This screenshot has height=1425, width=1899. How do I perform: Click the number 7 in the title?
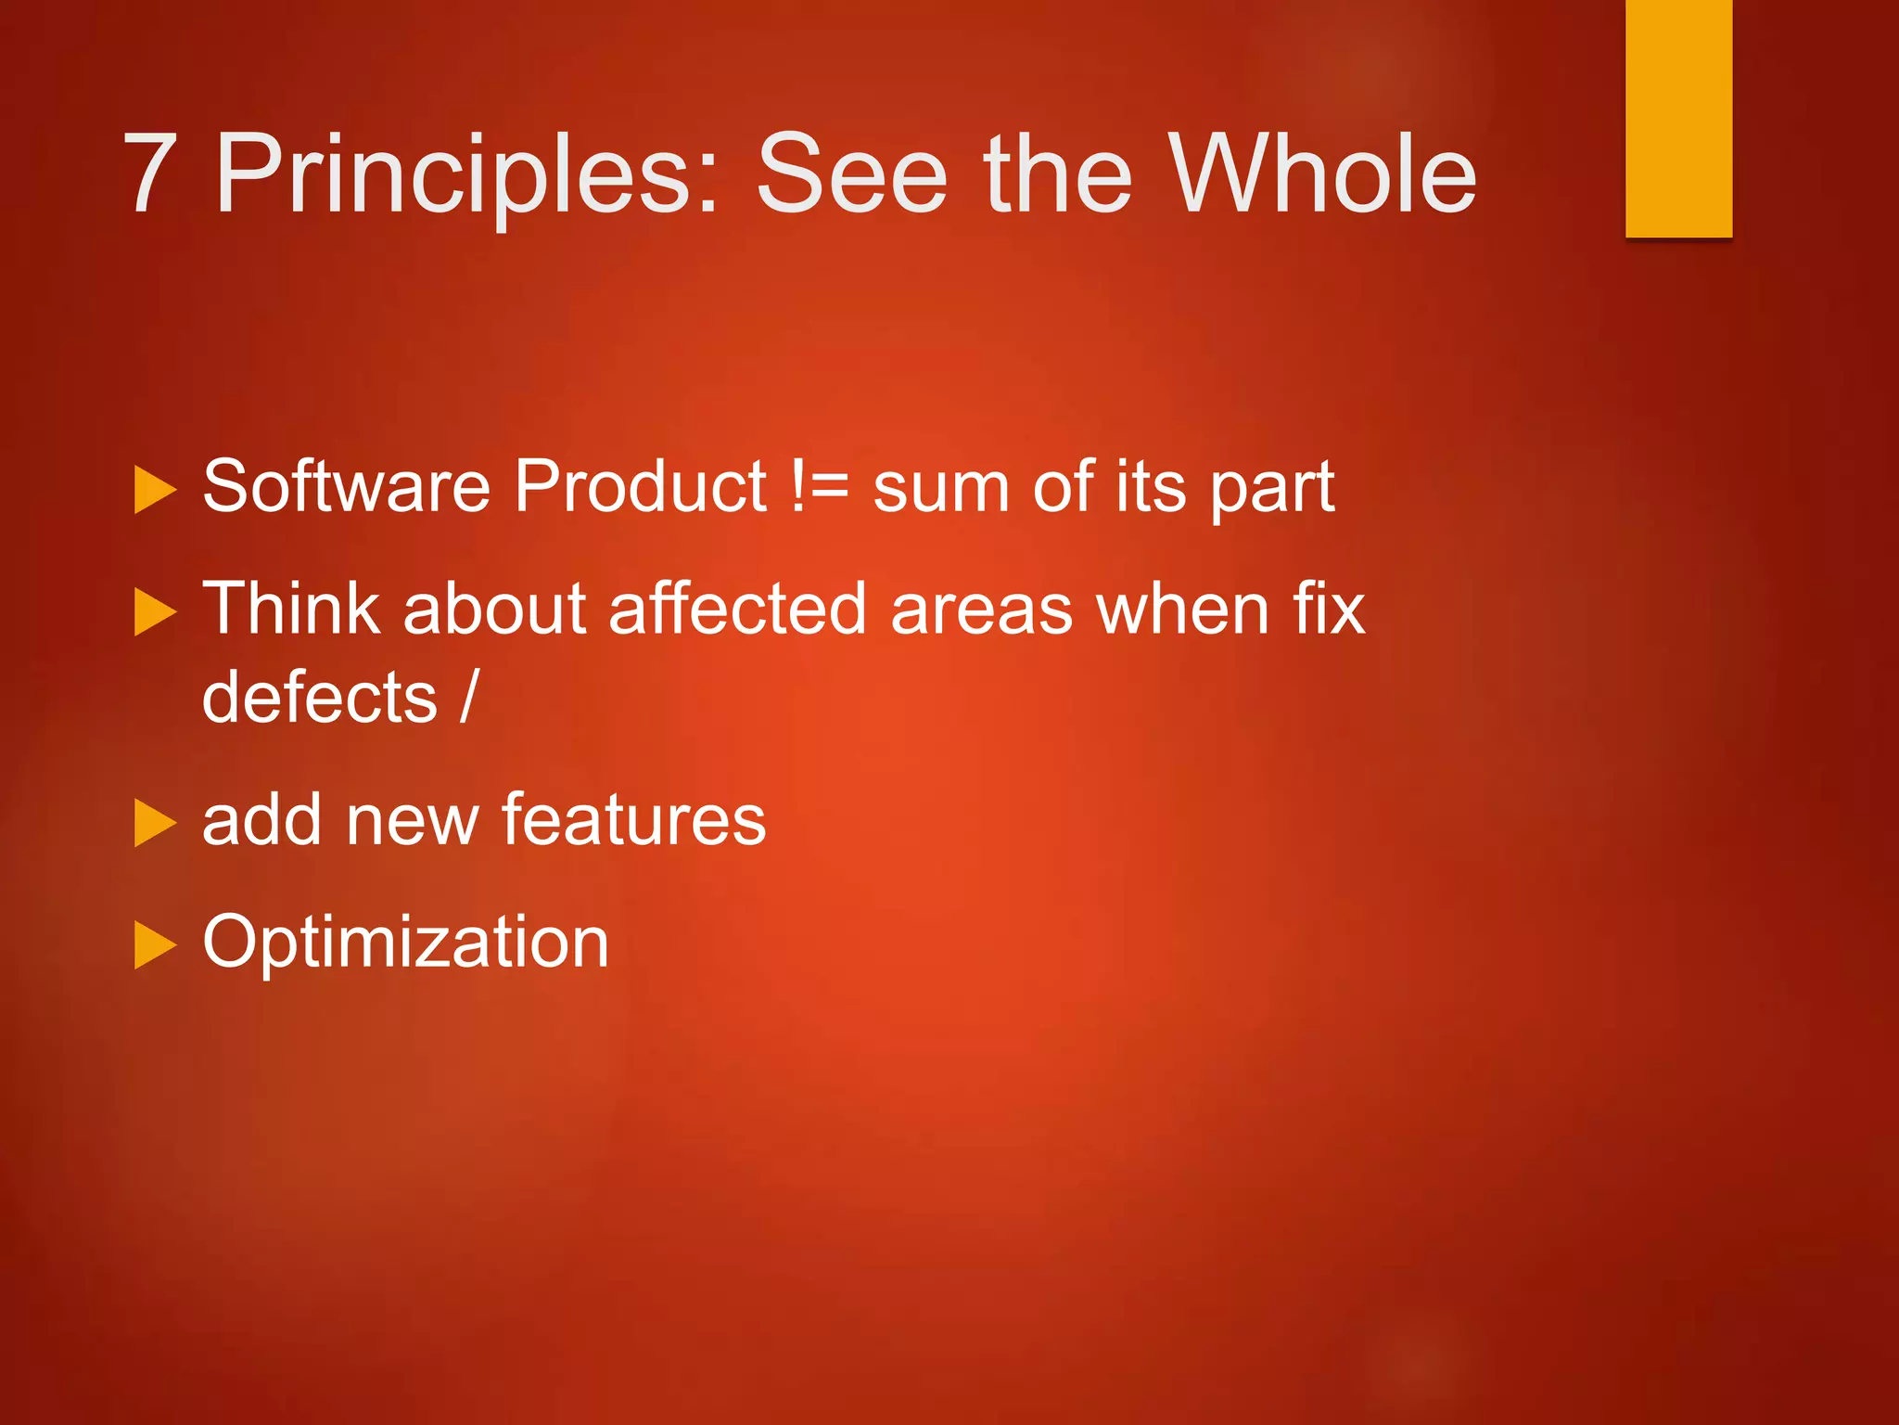coord(150,173)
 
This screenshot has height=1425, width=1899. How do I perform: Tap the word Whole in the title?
coord(1320,173)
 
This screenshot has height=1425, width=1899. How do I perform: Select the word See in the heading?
coord(851,173)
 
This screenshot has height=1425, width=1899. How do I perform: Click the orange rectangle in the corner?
coord(1678,118)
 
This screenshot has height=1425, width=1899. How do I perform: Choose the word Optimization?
coord(405,942)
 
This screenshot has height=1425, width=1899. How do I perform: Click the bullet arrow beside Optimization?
coord(154,945)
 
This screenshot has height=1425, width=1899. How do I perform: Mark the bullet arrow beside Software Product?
coord(154,490)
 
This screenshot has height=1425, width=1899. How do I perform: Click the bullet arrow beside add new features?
coord(154,823)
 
